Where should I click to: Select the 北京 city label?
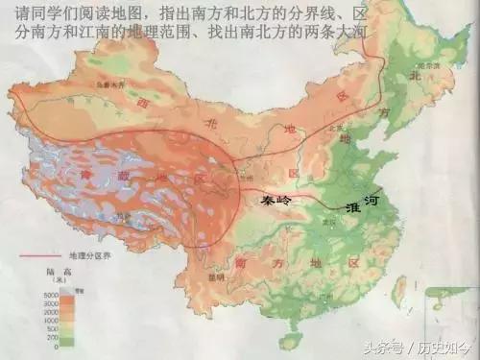point(335,126)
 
